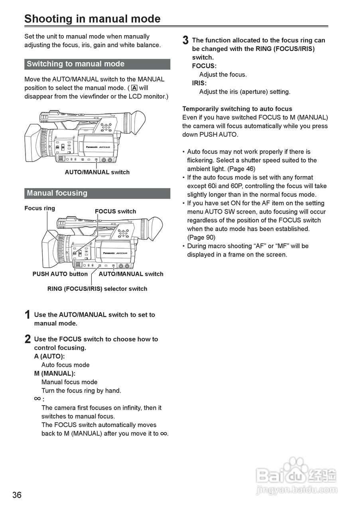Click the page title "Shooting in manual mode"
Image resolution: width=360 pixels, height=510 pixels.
(x=92, y=19)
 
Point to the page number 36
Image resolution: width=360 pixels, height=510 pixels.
(x=17, y=495)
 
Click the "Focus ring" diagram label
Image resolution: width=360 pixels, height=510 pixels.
(x=40, y=208)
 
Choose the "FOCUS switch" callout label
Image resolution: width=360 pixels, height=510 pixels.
(x=115, y=212)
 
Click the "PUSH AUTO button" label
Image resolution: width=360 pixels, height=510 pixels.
(x=60, y=274)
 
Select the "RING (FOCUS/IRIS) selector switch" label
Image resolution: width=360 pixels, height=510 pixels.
(x=97, y=289)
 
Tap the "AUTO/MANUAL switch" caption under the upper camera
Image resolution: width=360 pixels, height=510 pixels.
(x=97, y=173)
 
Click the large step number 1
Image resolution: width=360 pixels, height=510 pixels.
(x=28, y=315)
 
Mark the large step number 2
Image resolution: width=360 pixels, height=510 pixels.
(x=28, y=339)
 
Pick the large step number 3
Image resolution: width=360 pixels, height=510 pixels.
(x=185, y=41)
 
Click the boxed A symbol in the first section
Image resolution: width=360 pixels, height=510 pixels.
(x=134, y=88)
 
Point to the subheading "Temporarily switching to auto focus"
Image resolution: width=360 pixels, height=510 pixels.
(x=237, y=109)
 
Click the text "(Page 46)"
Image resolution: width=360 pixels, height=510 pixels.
(x=241, y=169)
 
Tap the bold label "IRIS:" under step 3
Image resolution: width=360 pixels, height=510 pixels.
(x=199, y=83)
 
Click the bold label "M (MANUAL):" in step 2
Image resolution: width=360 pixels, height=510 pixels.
(x=55, y=374)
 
